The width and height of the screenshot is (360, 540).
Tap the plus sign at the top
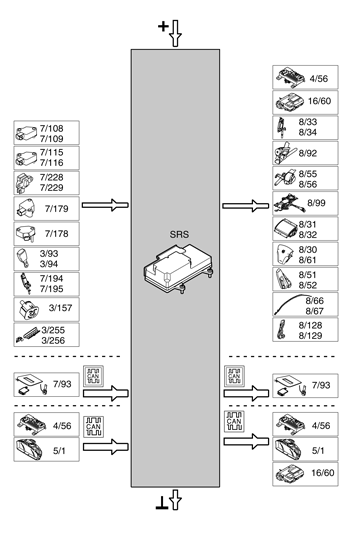click(164, 28)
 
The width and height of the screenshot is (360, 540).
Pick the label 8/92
click(310, 153)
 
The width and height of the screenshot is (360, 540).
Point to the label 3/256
click(52, 340)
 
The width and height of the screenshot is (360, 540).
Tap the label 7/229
click(52, 188)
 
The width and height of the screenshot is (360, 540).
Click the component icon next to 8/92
click(283, 153)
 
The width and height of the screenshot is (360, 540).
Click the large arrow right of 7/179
click(106, 205)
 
